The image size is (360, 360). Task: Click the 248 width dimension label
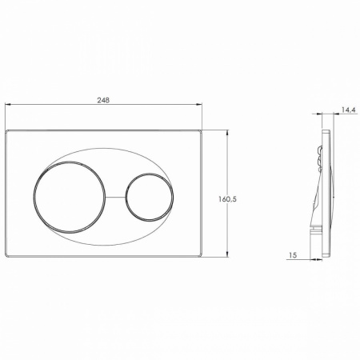pyautogui.click(x=103, y=100)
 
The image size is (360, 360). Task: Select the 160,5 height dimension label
pyautogui.click(x=227, y=199)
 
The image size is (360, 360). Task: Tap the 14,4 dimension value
pyautogui.click(x=349, y=110)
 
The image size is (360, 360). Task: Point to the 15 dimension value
pyautogui.click(x=293, y=255)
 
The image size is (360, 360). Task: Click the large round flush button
pyautogui.click(x=34, y=198)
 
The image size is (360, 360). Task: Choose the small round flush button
pyautogui.click(x=125, y=198)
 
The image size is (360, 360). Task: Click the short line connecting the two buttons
pyautogui.click(x=115, y=198)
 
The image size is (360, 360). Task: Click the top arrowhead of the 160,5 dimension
pyautogui.click(x=227, y=133)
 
